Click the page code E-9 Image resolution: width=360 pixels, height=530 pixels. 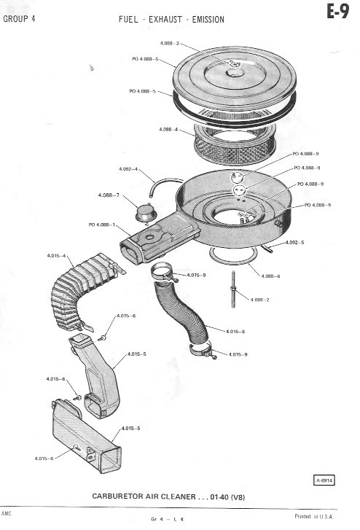[x=337, y=12]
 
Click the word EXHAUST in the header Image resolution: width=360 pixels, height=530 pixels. [x=165, y=19]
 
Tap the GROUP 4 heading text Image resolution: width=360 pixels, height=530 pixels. [x=19, y=19]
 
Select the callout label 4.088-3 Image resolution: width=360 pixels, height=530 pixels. [x=169, y=43]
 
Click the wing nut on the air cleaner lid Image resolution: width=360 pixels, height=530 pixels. [x=234, y=63]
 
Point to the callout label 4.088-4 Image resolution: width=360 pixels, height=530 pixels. [x=168, y=130]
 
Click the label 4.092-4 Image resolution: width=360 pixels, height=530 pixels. [x=128, y=168]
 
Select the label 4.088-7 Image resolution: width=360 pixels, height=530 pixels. [x=109, y=195]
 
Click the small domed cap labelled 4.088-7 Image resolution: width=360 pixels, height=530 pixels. [x=146, y=212]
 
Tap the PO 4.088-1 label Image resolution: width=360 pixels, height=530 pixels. [x=102, y=225]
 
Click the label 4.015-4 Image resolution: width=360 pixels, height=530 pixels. [x=56, y=256]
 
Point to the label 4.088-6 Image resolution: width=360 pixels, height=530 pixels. [x=270, y=276]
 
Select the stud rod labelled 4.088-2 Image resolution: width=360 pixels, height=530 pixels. [x=233, y=289]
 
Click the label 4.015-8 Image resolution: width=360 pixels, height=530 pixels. [x=235, y=331]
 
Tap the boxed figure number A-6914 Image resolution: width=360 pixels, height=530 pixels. [x=324, y=480]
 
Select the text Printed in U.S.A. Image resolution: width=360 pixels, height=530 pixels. [x=313, y=516]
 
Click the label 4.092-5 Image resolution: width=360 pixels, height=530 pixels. [x=294, y=242]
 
